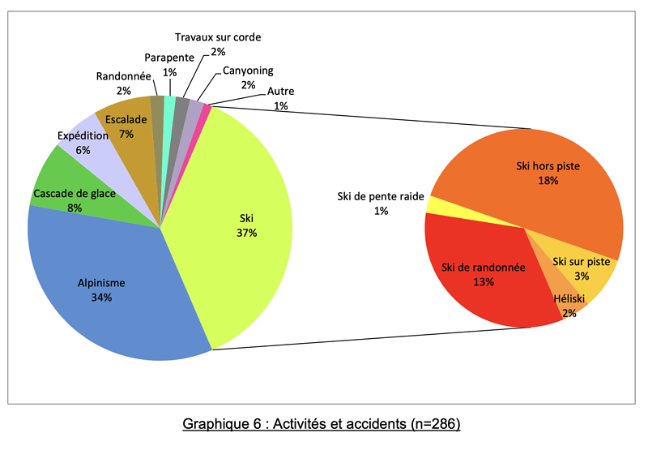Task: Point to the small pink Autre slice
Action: [x=207, y=109]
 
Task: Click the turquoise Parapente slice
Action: [x=169, y=103]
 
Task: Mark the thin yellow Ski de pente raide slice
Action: [x=433, y=206]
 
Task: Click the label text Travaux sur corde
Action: [x=218, y=37]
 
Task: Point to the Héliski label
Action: [x=569, y=299]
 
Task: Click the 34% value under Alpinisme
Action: [x=102, y=298]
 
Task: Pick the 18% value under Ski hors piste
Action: [x=548, y=180]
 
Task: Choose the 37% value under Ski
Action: [x=247, y=233]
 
